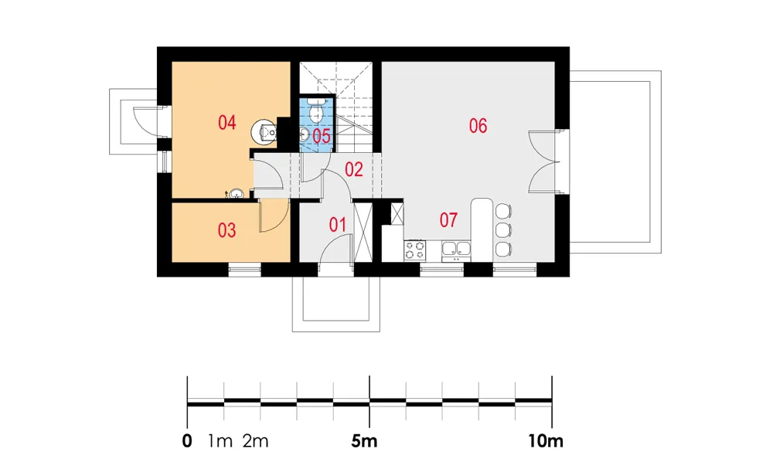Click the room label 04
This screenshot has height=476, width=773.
click(x=226, y=123)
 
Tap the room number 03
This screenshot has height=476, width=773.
click(x=226, y=230)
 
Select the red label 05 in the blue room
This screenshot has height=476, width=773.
click(x=322, y=137)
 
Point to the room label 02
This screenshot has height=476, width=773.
click(x=354, y=170)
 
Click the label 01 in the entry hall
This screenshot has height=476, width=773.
click(x=337, y=225)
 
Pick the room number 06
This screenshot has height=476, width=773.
click(x=478, y=126)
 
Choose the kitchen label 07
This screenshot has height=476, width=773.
click(x=448, y=219)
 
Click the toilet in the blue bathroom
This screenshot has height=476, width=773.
click(x=316, y=111)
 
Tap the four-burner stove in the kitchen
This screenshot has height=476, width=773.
click(x=414, y=250)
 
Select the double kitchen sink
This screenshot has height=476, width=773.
click(x=456, y=250)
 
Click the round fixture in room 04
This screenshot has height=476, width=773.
click(x=264, y=131)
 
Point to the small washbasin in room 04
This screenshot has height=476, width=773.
click(x=236, y=194)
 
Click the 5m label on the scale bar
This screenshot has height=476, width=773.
click(x=364, y=441)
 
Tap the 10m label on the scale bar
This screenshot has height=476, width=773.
click(x=546, y=441)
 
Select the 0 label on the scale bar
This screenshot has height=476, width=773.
click(x=187, y=441)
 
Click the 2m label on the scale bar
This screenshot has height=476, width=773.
click(x=255, y=441)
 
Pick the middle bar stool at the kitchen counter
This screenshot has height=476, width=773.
click(x=503, y=230)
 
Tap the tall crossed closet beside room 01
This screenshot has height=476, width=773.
click(x=363, y=232)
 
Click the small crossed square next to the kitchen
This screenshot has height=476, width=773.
click(x=397, y=214)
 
